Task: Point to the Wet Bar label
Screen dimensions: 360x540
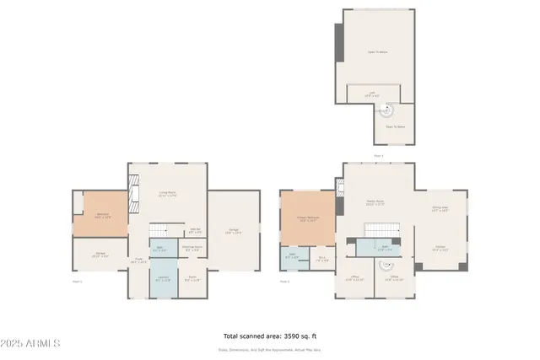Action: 194,231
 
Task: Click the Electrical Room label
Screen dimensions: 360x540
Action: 192,249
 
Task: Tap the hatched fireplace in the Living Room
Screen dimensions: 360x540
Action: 132,193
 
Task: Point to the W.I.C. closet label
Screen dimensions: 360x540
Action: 322,260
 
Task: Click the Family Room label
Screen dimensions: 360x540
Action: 375,202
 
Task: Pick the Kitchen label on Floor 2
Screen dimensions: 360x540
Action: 440,249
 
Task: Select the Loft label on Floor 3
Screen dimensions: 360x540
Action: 372,94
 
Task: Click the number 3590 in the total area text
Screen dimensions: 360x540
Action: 294,335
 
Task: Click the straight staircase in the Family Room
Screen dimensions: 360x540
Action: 376,230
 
